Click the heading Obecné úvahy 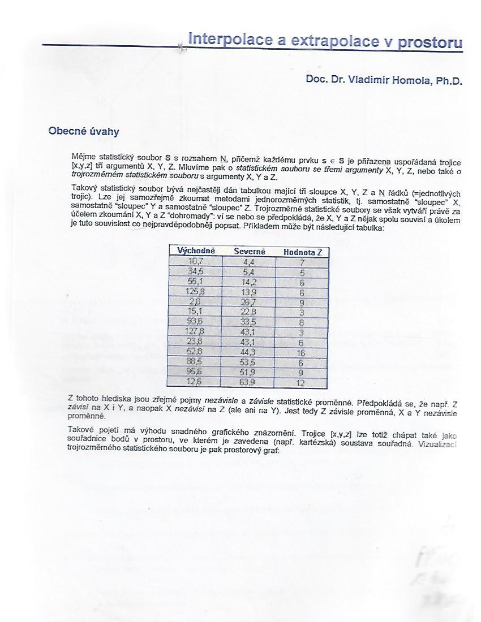pos(84,131)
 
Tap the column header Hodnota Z pos(302,252)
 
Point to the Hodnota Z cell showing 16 pos(302,353)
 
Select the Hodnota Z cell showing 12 pos(302,383)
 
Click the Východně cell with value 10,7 pos(195,261)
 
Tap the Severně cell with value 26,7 pos(250,302)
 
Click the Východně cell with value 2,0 pos(195,302)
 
